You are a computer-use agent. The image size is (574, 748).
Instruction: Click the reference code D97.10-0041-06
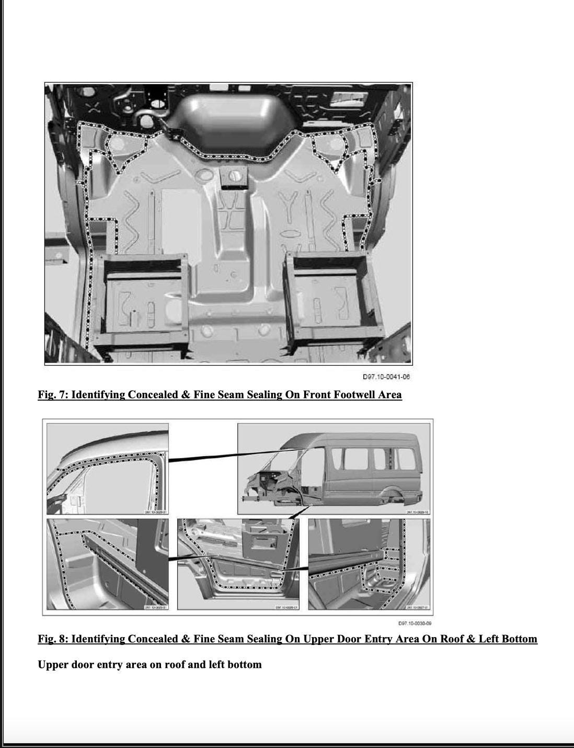pyautogui.click(x=386, y=377)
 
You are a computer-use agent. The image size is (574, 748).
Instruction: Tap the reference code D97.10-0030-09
pyautogui.click(x=415, y=623)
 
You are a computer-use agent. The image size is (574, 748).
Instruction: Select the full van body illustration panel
pyautogui.click(x=334, y=469)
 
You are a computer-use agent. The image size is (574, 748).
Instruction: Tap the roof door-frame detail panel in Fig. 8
pyautogui.click(x=108, y=469)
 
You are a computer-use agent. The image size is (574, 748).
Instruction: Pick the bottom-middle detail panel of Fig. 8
pyautogui.click(x=238, y=564)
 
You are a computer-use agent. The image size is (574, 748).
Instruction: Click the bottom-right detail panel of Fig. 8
pyautogui.click(x=369, y=564)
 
